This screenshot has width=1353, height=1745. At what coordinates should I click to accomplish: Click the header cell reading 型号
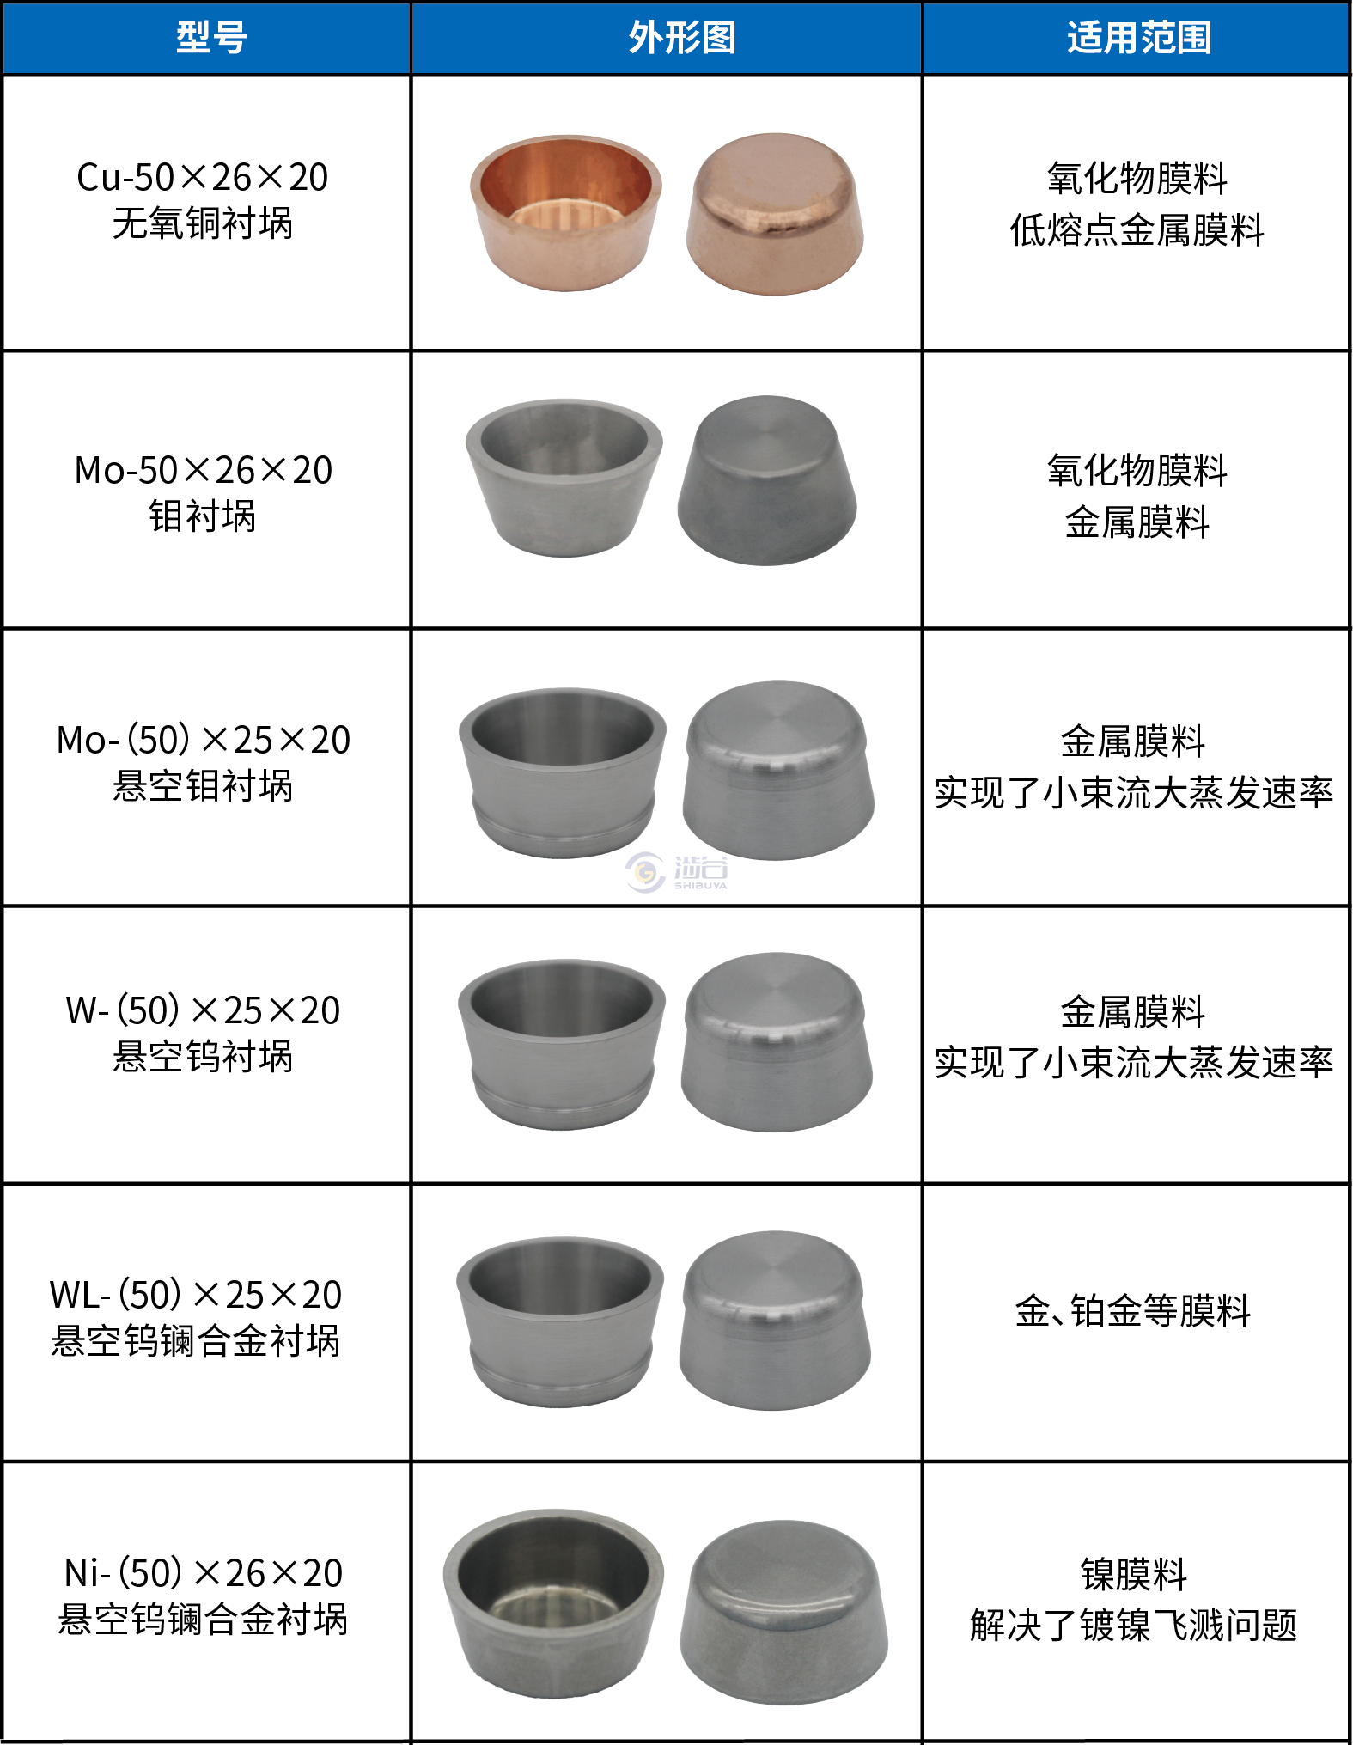(x=211, y=38)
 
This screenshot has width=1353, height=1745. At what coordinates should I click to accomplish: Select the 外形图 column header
(x=682, y=38)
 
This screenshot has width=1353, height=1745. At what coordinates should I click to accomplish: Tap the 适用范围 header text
(x=1139, y=38)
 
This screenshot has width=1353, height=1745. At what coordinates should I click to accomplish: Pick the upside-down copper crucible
(x=775, y=215)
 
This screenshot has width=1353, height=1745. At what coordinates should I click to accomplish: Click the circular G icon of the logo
(x=645, y=872)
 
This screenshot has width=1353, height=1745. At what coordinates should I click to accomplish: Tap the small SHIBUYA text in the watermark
(x=700, y=886)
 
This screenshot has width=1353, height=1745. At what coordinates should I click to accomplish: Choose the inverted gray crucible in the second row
(x=767, y=481)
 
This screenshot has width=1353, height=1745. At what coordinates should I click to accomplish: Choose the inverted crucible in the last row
(x=784, y=1613)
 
